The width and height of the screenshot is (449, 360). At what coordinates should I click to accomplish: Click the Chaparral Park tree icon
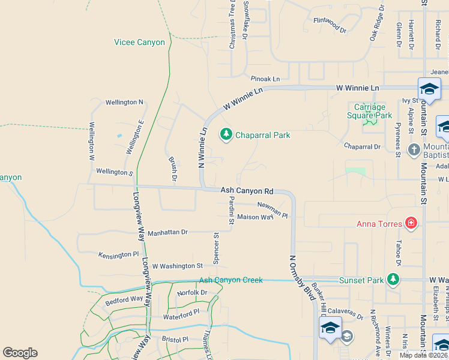coord(226,134)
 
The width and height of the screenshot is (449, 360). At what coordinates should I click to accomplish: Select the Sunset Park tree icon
coord(393,280)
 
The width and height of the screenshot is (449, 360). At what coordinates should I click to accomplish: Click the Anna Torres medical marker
coord(411,224)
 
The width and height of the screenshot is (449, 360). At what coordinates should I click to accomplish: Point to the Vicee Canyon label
coord(139,43)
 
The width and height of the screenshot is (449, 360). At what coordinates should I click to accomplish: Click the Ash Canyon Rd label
coord(247,191)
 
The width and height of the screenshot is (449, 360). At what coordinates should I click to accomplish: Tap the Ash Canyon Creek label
coord(231,280)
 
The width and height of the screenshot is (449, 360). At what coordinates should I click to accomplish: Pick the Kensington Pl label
coord(118,254)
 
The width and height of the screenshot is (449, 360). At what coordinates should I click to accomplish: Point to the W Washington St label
coord(177,266)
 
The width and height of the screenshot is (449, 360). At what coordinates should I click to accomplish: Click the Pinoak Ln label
coord(265,79)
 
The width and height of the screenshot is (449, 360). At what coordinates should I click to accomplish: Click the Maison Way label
coord(255,217)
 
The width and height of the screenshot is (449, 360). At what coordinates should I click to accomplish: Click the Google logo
coord(20,353)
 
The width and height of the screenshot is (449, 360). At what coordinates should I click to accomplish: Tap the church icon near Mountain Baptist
coord(414,149)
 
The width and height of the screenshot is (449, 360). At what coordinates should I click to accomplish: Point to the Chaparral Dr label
coord(362,146)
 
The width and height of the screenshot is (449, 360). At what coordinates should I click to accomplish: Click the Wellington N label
coord(124,103)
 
